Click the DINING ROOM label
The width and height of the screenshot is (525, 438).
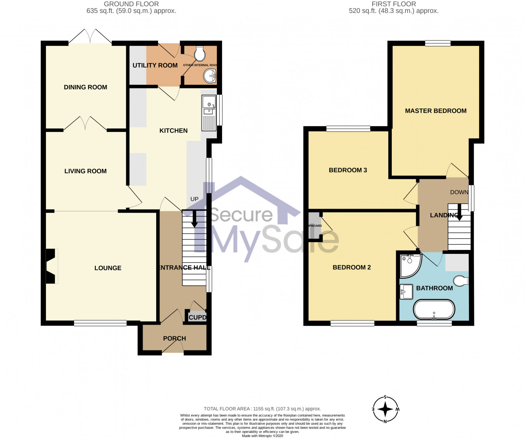tap(85, 87)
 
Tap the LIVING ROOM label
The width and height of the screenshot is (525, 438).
tap(85, 171)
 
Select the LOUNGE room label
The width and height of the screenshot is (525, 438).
tap(108, 268)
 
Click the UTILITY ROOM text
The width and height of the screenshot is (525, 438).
tap(155, 65)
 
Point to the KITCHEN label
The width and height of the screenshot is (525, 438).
tap(173, 130)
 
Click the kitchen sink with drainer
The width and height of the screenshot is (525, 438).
tap(209, 113)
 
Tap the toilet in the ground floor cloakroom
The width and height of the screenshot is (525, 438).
tap(200, 54)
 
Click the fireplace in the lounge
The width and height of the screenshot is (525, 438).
tap(51, 266)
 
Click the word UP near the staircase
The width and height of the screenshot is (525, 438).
tap(194, 199)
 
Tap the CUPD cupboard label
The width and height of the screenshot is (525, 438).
tap(197, 317)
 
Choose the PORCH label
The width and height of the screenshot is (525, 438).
tap(174, 338)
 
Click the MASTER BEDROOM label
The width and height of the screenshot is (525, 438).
tap(435, 111)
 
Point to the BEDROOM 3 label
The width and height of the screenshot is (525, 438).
tap(348, 170)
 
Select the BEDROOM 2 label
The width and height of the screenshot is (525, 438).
tap(351, 267)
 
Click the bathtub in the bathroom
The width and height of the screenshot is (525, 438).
tap(434, 310)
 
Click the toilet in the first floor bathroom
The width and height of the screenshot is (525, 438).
tap(461, 281)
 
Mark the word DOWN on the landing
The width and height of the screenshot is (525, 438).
tap(459, 192)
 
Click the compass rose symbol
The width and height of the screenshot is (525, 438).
tap(385, 409)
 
